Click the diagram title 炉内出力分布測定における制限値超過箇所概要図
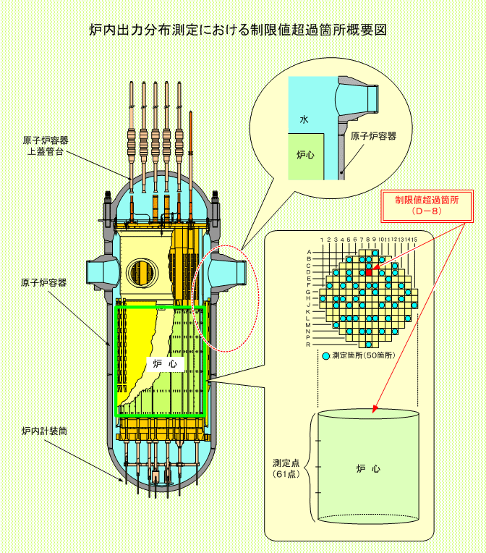pos(238,30)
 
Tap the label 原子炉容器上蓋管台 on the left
pos(46,146)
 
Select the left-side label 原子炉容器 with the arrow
pos(43,282)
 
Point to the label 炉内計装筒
pos(44,431)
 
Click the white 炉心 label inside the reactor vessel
pos(165,363)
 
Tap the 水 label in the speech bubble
pos(304,119)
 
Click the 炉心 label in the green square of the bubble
pos(305,154)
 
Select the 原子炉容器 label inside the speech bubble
pos(374,136)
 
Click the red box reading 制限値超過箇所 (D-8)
pos(427,206)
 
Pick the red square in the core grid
pos(369,272)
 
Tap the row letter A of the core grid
pos(309,252)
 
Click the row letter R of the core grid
pos(308,345)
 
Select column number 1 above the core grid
pos(322,240)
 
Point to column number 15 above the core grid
pos(414,240)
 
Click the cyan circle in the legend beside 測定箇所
pos(326,356)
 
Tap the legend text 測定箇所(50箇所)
pos(364,355)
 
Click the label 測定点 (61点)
pos(286,468)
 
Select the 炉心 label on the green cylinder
pos(368,469)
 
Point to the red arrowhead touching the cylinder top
pos(375,409)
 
